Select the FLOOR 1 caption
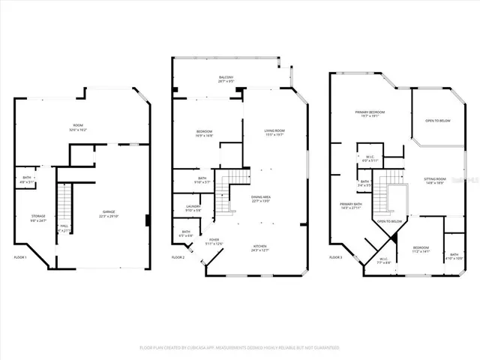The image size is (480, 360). pyautogui.click(x=20, y=257)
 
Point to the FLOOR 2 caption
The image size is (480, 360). pyautogui.click(x=178, y=257)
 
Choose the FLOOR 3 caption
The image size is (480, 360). pyautogui.click(x=337, y=257)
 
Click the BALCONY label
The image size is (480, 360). pyautogui.click(x=226, y=77)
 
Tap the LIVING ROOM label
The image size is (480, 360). pyautogui.click(x=274, y=130)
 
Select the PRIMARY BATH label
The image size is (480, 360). pyautogui.click(x=350, y=204)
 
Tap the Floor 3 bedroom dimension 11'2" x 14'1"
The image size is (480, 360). pyautogui.click(x=419, y=251)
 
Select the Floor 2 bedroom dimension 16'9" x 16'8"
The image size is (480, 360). pyautogui.click(x=204, y=136)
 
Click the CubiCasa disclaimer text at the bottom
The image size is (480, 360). pyautogui.click(x=240, y=347)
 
